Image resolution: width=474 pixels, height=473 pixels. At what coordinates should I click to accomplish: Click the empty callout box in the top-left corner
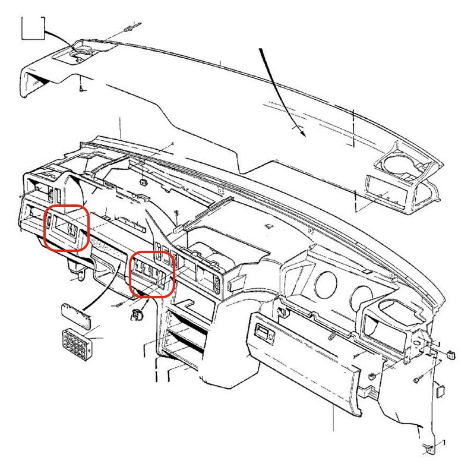point(33,27)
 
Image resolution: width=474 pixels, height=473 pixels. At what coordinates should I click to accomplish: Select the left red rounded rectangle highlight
point(67,228)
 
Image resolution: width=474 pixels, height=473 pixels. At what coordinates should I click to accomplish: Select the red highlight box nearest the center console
point(151,273)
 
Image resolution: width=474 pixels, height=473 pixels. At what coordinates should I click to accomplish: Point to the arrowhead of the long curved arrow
point(303,133)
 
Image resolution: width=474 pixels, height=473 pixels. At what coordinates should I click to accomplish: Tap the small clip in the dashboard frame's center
point(144,182)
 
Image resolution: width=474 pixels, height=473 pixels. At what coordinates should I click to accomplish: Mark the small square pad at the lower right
point(441,390)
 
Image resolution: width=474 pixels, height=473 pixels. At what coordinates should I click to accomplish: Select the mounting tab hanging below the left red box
point(77,265)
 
